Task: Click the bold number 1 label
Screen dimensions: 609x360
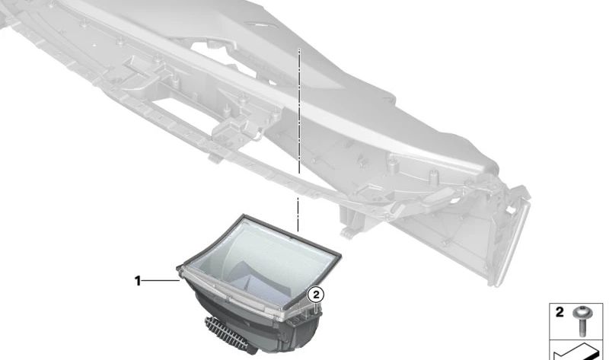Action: pyautogui.click(x=138, y=280)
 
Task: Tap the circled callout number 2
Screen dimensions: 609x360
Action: pyautogui.click(x=316, y=295)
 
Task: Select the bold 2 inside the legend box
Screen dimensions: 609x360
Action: pyautogui.click(x=560, y=312)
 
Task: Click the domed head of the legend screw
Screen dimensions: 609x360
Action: pyautogui.click(x=582, y=311)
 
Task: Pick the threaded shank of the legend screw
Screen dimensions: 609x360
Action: pyautogui.click(x=582, y=327)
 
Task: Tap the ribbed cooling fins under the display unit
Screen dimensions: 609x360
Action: pyautogui.click(x=226, y=333)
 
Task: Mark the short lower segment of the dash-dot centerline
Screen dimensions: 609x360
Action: pyautogui.click(x=298, y=215)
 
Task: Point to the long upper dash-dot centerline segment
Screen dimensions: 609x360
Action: pyautogui.click(x=299, y=110)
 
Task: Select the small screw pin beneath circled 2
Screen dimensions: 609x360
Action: pyautogui.click(x=317, y=308)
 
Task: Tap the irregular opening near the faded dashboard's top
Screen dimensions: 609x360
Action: pyautogui.click(x=225, y=59)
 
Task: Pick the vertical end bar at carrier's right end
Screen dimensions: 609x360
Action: pyautogui.click(x=512, y=244)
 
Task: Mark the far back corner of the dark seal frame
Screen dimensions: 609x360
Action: pyautogui.click(x=244, y=215)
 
